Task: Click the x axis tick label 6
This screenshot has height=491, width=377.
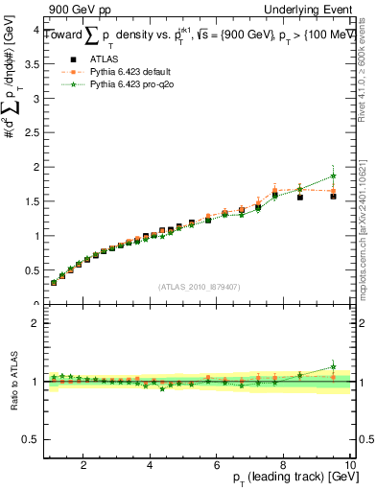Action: tap(217, 465)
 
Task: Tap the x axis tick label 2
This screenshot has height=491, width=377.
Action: tap(83, 465)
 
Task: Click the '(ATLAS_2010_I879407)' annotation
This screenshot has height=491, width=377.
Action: tap(199, 287)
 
